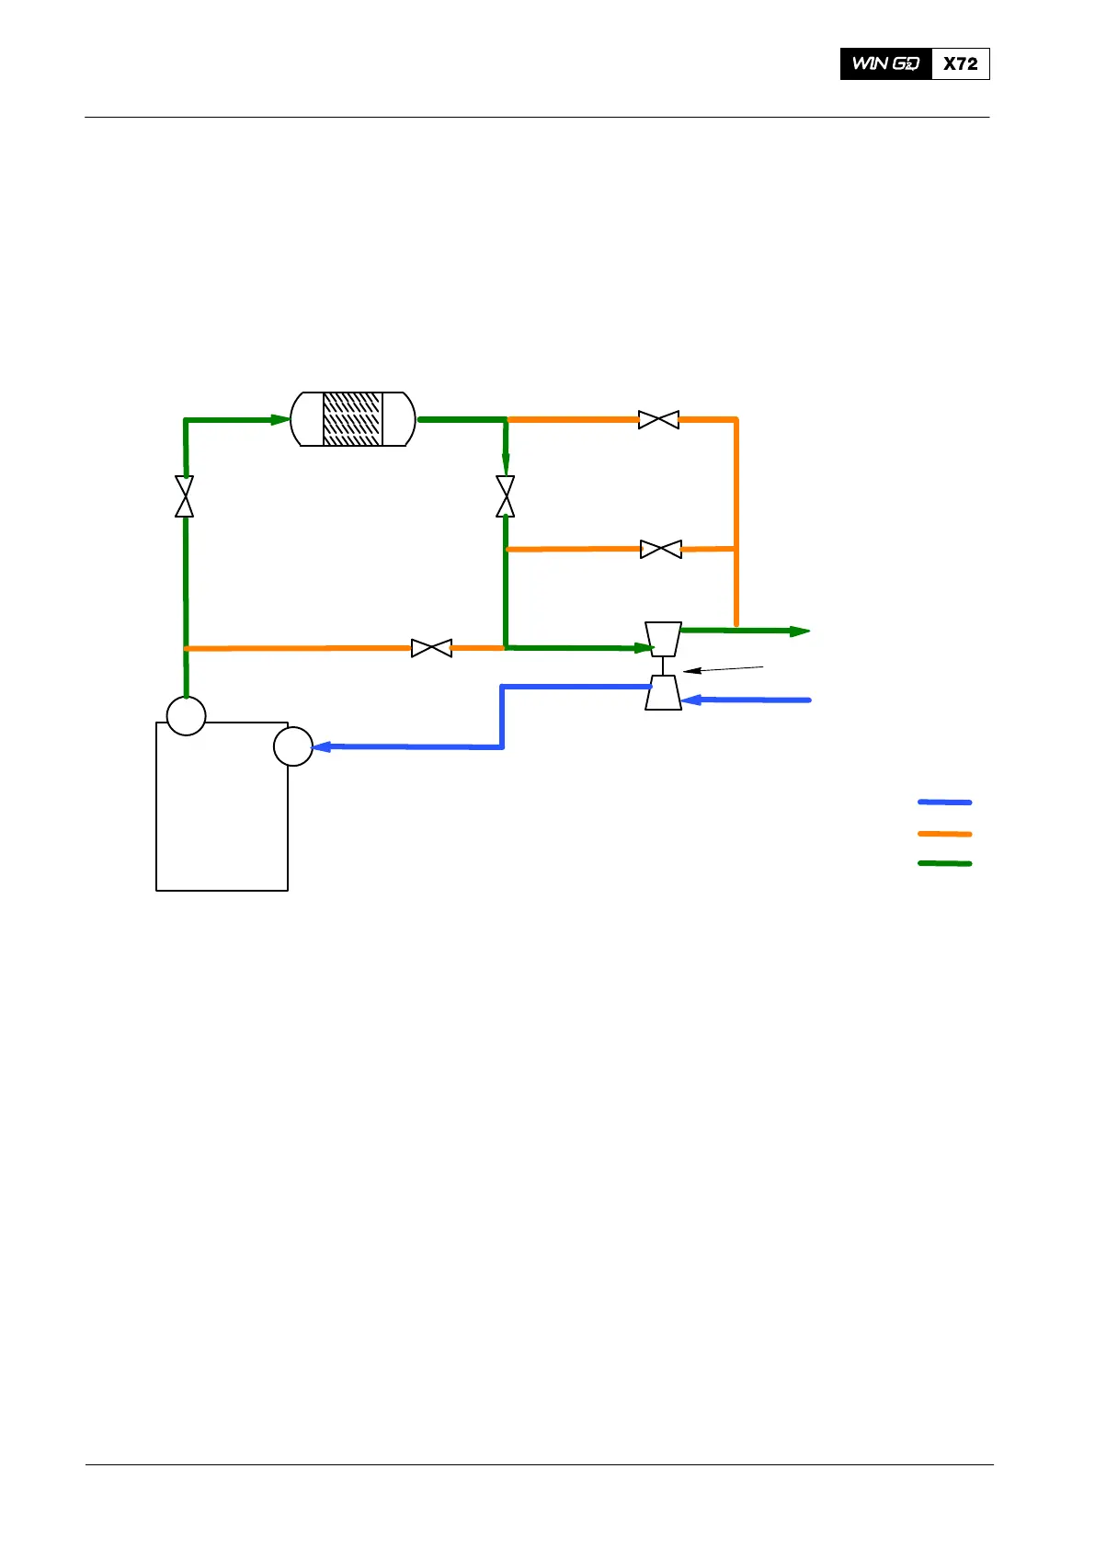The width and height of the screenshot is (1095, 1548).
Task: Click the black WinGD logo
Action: tap(885, 63)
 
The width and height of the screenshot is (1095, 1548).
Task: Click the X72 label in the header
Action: tap(961, 63)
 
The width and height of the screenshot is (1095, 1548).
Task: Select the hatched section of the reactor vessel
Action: tap(352, 419)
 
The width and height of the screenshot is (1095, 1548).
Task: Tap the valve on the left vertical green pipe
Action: tap(185, 496)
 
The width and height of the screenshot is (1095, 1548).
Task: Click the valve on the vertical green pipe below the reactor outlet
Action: tap(505, 496)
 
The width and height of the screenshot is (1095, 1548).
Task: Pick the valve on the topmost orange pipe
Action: tap(658, 420)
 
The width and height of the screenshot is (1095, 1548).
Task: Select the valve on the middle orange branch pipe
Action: tap(661, 550)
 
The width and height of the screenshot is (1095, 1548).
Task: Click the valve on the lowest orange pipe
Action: tap(431, 648)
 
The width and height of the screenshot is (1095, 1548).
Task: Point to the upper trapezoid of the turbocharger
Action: tap(663, 638)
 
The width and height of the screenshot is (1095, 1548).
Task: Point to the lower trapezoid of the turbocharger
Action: tap(663, 693)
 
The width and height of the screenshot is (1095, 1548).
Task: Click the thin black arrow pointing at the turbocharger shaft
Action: tap(723, 668)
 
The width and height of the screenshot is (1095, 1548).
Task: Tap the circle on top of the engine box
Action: tap(186, 715)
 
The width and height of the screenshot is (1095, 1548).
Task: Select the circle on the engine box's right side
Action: tap(293, 746)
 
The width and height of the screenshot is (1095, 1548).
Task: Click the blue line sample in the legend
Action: tap(944, 802)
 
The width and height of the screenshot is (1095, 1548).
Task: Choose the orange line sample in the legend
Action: tap(944, 834)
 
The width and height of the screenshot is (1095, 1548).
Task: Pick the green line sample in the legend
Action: tap(944, 864)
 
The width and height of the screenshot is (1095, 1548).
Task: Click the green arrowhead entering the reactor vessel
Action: tap(280, 420)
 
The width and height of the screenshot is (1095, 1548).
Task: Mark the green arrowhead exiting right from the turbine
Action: tap(800, 632)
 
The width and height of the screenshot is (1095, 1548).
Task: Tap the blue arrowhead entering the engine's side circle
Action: tap(322, 746)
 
